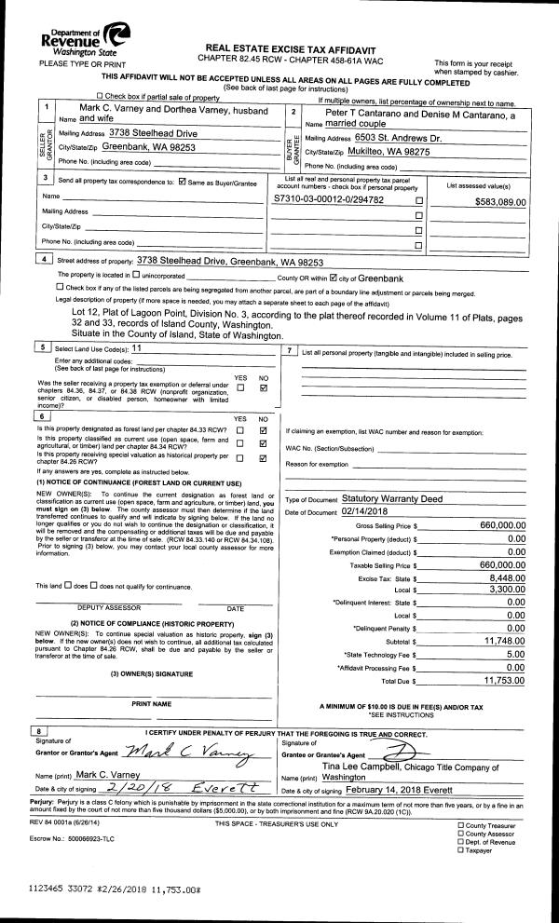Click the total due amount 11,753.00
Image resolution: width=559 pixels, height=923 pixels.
point(507,681)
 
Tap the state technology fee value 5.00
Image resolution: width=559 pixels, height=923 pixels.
point(516,655)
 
